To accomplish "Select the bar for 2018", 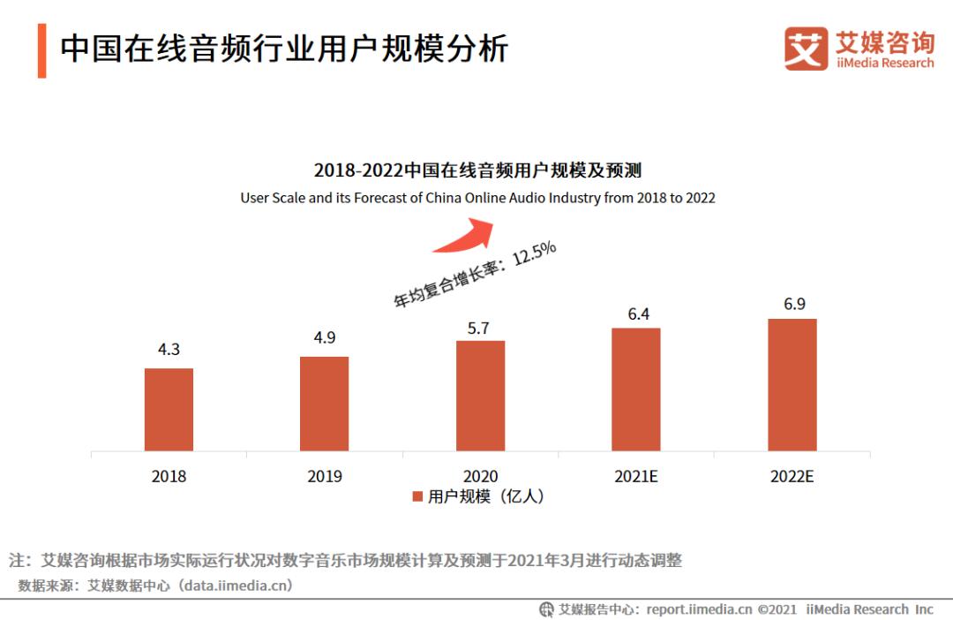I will [x=169, y=410].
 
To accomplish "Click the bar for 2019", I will [x=324, y=404].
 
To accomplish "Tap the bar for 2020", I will [x=480, y=396].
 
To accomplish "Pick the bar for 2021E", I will [x=636, y=389].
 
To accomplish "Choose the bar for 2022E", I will [x=792, y=385].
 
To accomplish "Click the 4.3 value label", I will [x=169, y=350].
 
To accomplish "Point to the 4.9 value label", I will [x=324, y=338].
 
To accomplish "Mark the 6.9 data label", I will [x=794, y=304].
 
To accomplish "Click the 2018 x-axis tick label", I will [x=169, y=476].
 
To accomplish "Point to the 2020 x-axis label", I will [x=480, y=476].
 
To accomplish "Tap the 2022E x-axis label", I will [x=792, y=476].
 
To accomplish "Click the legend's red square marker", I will [x=417, y=497].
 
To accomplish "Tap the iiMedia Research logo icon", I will [x=806, y=49].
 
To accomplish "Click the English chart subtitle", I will [x=477, y=198].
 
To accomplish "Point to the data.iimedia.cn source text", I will [x=236, y=585].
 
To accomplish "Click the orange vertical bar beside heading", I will [x=41, y=51].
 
